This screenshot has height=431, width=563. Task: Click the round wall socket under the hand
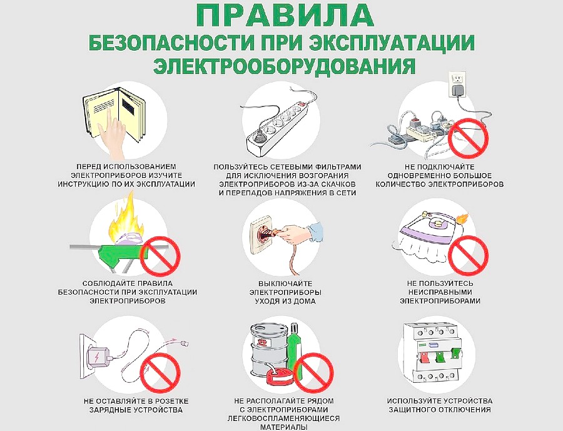(263, 233)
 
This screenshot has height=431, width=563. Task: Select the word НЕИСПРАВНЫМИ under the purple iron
(439, 292)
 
